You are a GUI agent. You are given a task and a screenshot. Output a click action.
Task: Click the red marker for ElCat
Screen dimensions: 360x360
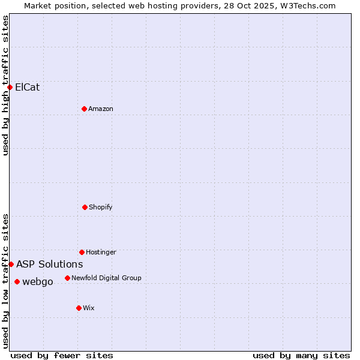10,87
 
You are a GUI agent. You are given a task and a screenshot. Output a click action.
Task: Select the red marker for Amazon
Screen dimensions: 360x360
84,109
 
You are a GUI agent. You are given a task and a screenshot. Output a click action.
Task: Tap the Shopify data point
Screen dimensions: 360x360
85,207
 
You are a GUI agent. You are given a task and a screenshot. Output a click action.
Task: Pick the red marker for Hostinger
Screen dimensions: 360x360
82,252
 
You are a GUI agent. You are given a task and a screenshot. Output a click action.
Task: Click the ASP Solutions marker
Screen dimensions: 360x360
11,264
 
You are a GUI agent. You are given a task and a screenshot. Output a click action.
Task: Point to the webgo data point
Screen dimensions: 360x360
17,281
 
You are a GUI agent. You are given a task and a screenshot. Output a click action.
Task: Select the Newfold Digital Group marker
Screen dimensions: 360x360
67,278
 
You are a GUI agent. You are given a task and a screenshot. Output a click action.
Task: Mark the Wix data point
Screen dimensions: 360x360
79,308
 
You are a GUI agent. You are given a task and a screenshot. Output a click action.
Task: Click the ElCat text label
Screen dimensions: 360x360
28,87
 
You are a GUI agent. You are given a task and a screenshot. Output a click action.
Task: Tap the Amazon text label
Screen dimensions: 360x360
101,109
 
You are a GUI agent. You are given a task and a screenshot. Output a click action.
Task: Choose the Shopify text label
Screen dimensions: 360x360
101,207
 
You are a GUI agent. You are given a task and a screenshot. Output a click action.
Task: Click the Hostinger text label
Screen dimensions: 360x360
101,252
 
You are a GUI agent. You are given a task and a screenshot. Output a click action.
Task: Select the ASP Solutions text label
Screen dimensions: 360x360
50,264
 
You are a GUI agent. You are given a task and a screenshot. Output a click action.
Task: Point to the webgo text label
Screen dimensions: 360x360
38,281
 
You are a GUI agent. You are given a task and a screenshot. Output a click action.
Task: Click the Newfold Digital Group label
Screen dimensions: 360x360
106,278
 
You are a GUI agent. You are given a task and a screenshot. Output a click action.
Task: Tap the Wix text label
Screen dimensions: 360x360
89,308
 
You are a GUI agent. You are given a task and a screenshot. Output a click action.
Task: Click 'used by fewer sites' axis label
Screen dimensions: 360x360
62,355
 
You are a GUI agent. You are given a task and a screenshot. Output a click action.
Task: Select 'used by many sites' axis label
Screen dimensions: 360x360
301,355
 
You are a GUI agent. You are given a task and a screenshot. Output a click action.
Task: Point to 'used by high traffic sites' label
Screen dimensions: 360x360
5,85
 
